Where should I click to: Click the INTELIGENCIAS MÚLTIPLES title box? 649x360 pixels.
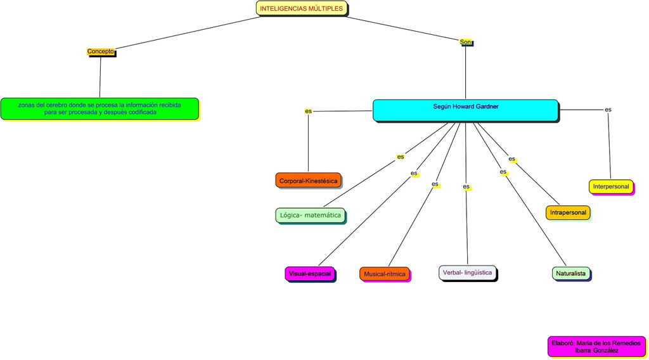click(302, 8)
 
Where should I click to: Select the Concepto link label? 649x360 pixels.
click(101, 51)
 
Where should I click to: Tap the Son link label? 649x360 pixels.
click(466, 42)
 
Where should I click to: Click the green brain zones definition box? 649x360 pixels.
click(100, 108)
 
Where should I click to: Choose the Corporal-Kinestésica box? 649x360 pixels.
click(308, 181)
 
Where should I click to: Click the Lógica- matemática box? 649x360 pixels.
click(310, 215)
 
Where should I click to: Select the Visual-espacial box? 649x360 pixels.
click(310, 274)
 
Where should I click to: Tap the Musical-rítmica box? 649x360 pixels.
click(384, 274)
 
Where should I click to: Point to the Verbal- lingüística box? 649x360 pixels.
click(466, 273)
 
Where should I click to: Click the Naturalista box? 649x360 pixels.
click(570, 274)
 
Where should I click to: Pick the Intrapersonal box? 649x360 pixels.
click(568, 212)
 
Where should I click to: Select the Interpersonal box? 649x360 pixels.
click(611, 186)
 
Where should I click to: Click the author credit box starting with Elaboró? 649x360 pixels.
click(596, 346)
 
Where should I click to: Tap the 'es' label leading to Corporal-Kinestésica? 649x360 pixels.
click(308, 112)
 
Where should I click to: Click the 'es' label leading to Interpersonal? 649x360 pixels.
click(608, 110)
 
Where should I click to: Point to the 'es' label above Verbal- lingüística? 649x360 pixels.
click(466, 187)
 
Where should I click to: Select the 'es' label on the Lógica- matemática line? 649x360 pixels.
click(400, 157)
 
